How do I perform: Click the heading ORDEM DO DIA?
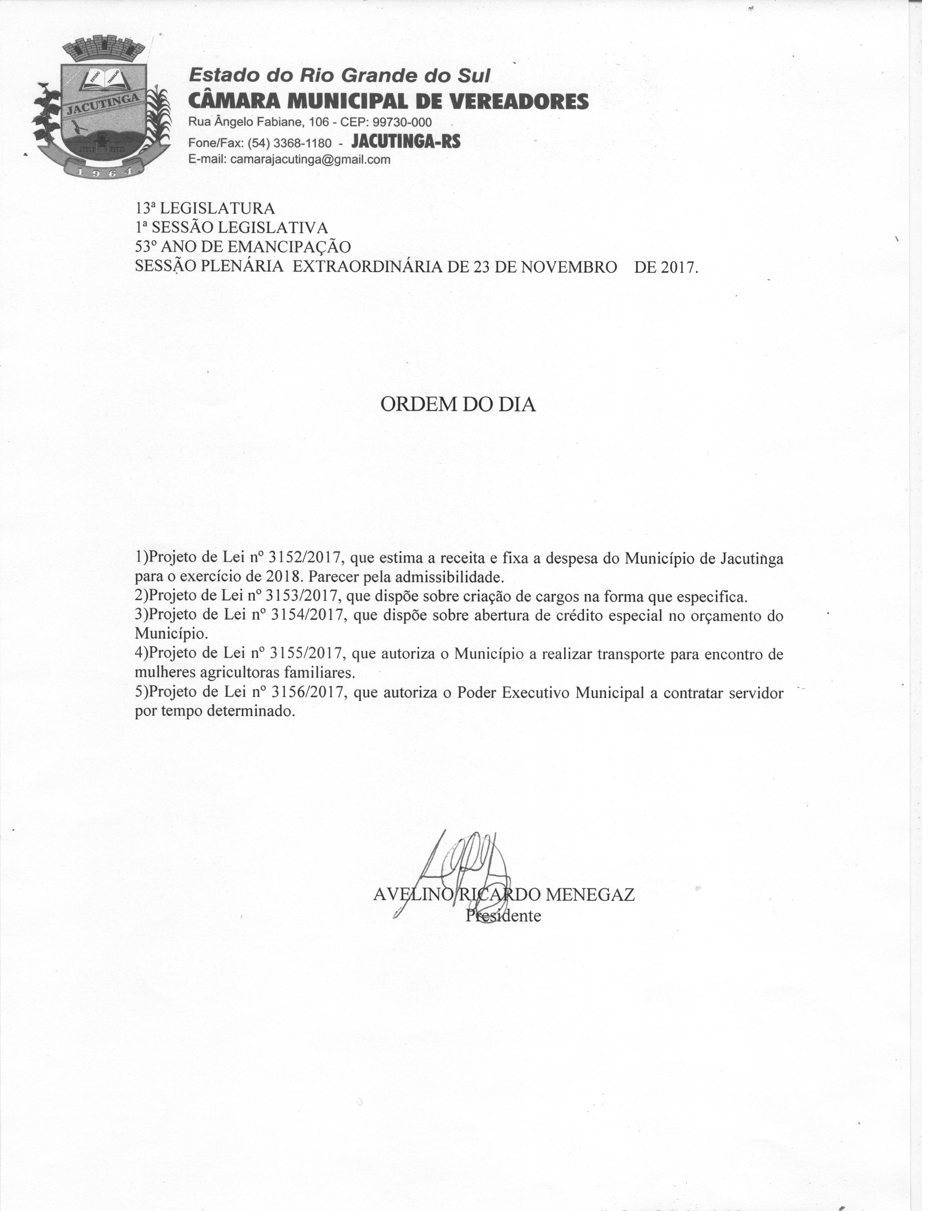tap(458, 405)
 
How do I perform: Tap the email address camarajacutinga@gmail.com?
tap(310, 160)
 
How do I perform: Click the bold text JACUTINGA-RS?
tap(406, 142)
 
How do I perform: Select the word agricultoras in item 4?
tap(240, 673)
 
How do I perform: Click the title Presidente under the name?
tap(503, 916)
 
